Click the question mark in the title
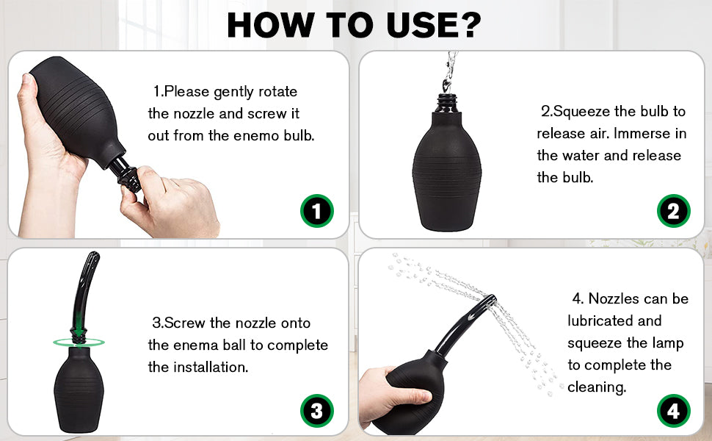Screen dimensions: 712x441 468,24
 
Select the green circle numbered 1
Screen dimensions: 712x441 317,211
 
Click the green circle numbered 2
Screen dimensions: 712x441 673,211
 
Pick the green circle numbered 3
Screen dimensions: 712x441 317,411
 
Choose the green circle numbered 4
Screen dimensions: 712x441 673,411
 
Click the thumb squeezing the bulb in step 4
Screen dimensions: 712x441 411,395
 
